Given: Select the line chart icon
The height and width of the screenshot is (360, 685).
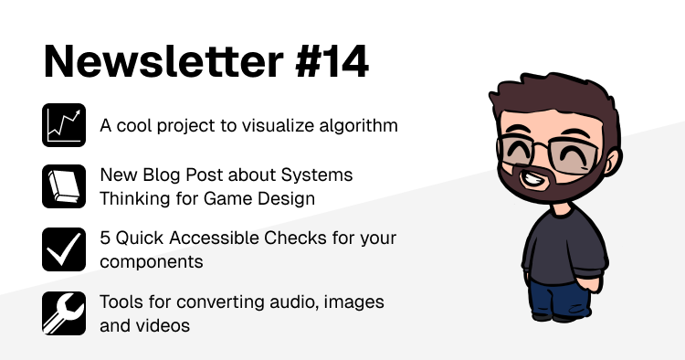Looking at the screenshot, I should click(x=64, y=125).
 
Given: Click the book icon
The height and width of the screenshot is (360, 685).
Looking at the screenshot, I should click(x=64, y=185).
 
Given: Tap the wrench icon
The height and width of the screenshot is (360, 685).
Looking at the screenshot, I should click(x=64, y=312).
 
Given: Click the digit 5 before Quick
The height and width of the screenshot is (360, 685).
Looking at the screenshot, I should click(x=105, y=238).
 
